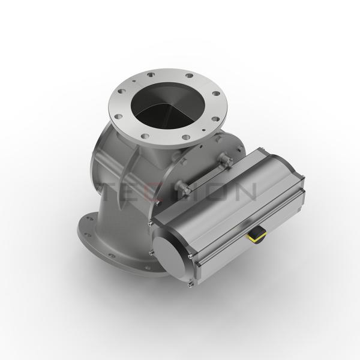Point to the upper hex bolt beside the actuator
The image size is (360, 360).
[x=226, y=160]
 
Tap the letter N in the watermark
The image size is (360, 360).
[x=245, y=191]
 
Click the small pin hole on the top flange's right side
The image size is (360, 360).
[x=205, y=128]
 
